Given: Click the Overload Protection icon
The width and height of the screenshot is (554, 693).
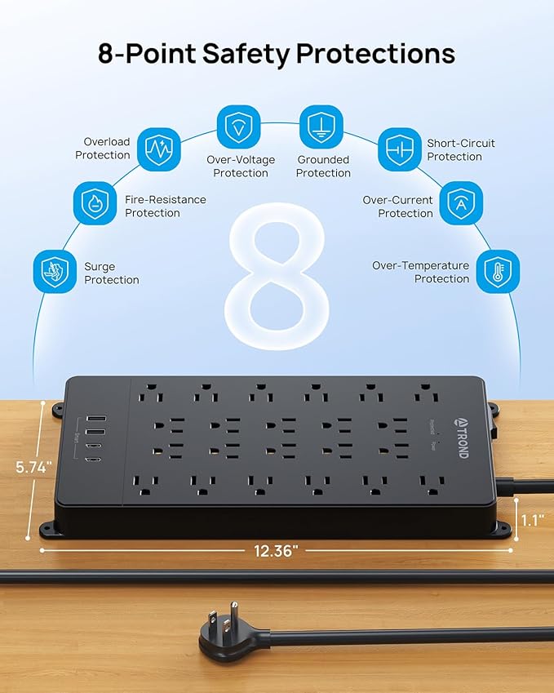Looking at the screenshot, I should [x=158, y=149].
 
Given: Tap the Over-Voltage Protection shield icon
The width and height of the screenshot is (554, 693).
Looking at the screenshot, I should [x=238, y=127].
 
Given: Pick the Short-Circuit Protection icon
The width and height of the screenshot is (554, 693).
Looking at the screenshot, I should [x=399, y=149].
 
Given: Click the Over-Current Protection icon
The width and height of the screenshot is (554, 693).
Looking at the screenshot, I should [x=461, y=204].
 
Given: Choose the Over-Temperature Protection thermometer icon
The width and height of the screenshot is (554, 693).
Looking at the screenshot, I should [x=497, y=271].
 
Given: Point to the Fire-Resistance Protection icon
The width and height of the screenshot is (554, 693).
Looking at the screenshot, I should [x=95, y=204].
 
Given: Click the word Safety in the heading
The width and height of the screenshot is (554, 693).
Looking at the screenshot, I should [x=249, y=54].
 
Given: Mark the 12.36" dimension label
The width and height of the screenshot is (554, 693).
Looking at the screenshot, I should [x=277, y=550].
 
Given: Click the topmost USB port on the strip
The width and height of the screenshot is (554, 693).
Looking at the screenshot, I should [x=94, y=421].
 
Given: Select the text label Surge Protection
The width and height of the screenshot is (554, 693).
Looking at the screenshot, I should [x=112, y=273].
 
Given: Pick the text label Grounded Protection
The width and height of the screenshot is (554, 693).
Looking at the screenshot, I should [x=323, y=166].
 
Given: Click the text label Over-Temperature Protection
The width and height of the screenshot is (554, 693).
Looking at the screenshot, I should [x=420, y=272].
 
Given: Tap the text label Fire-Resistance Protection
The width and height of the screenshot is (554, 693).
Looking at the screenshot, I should [x=165, y=206].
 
